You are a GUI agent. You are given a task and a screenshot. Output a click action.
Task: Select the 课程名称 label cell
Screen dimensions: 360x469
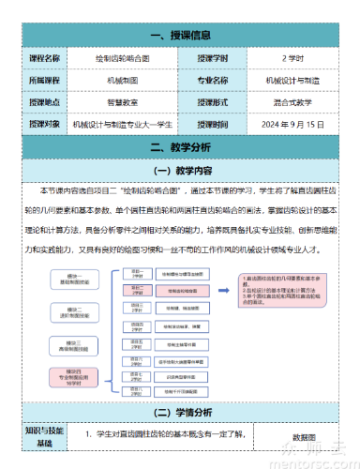pos(44,58)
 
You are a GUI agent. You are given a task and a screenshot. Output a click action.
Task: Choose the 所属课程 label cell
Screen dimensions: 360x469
pos(44,80)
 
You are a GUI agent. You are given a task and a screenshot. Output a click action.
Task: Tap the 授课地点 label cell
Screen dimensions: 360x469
pos(44,101)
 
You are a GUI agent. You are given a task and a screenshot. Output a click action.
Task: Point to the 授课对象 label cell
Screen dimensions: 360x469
pos(44,124)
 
